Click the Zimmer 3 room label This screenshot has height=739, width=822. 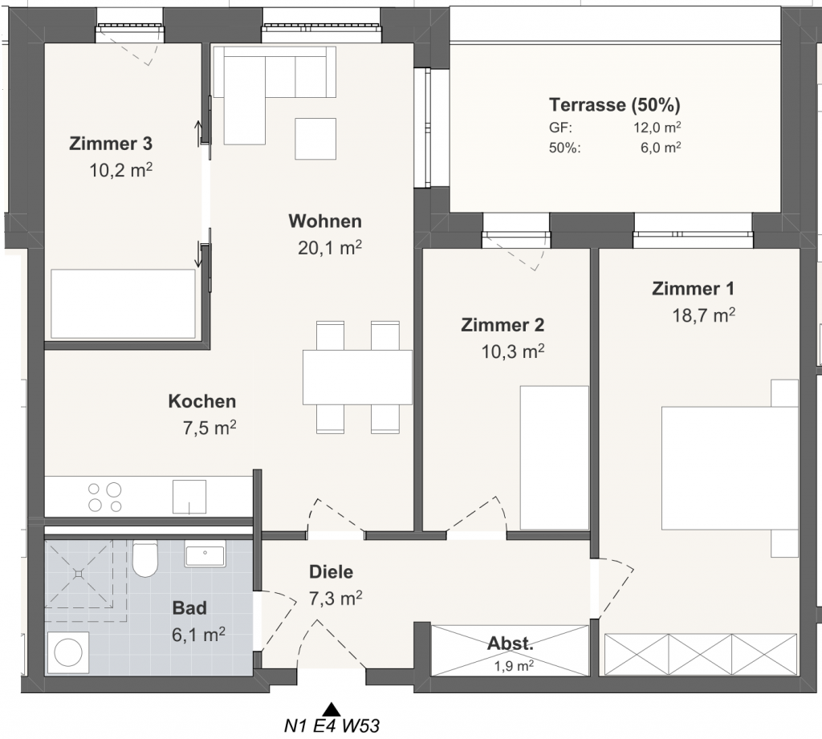111,143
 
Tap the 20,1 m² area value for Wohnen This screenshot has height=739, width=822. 330,247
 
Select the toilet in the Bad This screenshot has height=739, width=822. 145,558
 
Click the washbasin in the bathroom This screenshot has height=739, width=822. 205,554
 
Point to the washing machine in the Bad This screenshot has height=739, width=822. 68,653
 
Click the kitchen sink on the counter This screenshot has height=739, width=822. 189,497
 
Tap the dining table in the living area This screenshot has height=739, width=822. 357,377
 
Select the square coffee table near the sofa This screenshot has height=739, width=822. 315,139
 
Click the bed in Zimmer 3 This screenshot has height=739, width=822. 123,304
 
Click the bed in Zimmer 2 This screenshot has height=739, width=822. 554,458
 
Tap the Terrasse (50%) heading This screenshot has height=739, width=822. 614,105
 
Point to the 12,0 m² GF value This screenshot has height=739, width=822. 657,128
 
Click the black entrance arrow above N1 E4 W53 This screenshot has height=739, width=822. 331,709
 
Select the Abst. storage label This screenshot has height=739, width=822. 510,643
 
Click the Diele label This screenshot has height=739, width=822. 331,571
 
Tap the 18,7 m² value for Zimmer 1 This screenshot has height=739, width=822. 703,315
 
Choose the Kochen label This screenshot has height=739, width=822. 201,401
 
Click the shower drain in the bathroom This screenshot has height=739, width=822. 79,574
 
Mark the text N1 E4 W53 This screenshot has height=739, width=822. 332,726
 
